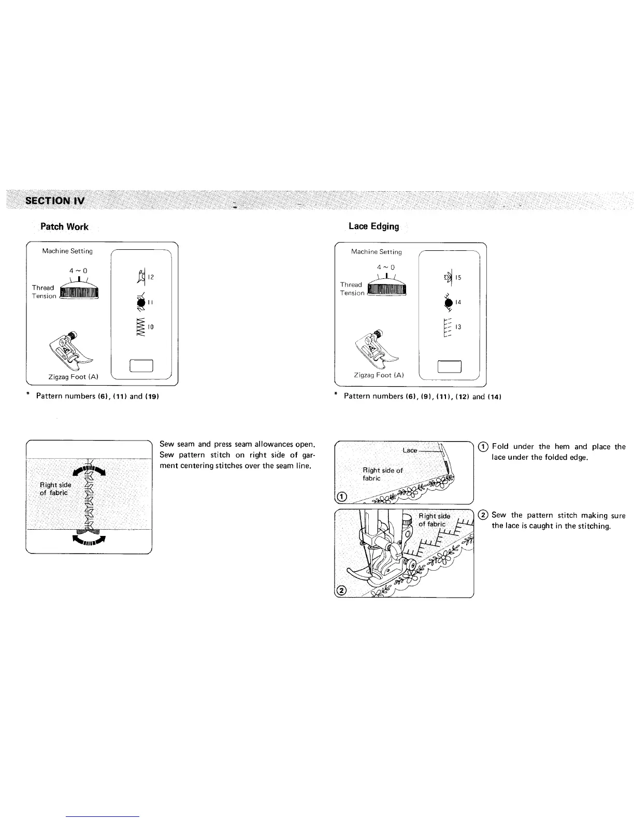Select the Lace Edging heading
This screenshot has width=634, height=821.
(373, 226)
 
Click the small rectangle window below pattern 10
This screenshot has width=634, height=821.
(141, 366)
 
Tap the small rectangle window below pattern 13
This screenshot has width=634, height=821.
(449, 366)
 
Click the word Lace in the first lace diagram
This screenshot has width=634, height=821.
(410, 450)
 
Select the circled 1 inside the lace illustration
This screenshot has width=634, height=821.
(341, 498)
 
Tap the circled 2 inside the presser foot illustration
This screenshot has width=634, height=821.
(341, 591)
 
